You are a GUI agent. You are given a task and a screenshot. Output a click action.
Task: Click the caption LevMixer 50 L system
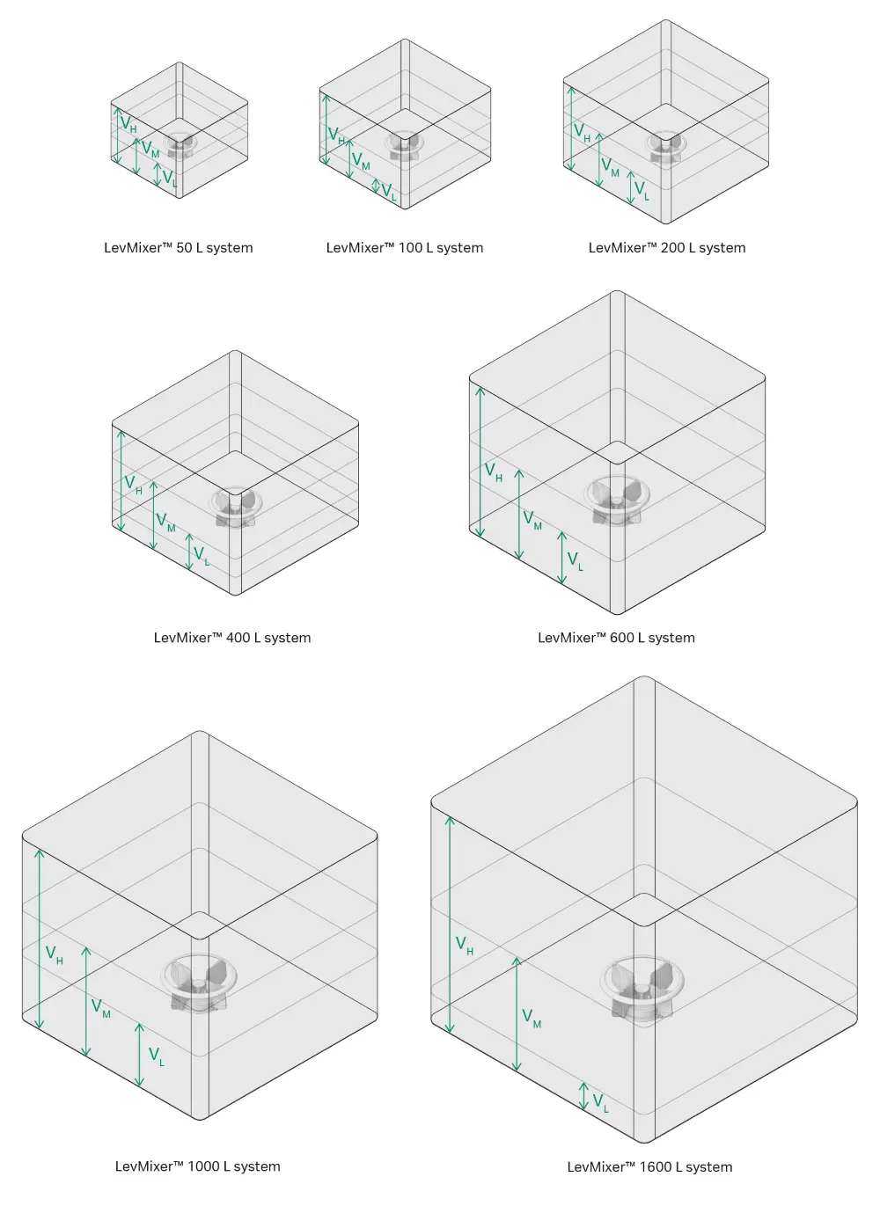coord(178,248)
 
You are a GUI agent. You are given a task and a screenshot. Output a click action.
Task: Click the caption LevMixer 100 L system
coord(404,248)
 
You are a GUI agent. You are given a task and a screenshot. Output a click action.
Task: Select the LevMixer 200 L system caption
coord(666,248)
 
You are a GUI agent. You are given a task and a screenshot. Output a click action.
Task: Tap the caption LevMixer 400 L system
coord(231,638)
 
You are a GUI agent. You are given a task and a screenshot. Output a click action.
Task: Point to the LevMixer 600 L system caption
coord(616,638)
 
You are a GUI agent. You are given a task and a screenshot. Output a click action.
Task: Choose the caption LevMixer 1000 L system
coord(197,1166)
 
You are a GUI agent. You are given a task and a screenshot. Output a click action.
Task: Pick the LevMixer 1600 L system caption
coord(649,1167)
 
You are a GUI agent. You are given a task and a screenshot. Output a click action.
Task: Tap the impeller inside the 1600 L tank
coord(642,989)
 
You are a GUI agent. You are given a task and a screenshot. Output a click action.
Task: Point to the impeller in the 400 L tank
coord(235,506)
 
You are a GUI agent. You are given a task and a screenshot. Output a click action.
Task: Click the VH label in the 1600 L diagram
coord(464,946)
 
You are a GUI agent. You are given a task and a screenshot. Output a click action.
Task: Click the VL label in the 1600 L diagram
coord(600,1103)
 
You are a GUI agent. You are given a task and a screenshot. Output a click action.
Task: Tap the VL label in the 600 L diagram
coord(575,560)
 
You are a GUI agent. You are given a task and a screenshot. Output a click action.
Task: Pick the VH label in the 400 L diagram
coord(133,485)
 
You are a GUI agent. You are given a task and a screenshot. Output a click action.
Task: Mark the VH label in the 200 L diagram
coord(582,133)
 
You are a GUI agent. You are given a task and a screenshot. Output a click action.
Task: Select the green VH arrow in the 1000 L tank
coord(39,938)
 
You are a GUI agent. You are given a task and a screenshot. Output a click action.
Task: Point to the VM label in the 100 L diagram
coord(361,161)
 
